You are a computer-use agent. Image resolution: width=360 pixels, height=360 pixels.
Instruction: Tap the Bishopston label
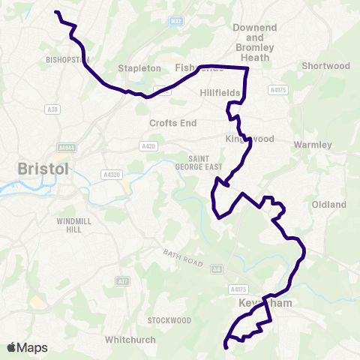(x=67, y=59)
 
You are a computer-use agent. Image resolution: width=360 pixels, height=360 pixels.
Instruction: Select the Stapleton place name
(x=139, y=68)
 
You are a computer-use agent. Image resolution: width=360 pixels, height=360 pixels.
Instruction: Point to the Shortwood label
(x=325, y=66)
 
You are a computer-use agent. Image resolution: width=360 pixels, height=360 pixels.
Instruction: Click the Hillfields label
(x=220, y=93)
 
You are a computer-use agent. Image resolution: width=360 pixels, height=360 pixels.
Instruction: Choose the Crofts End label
(x=172, y=122)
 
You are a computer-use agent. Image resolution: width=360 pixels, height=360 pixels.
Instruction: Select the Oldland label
(x=328, y=204)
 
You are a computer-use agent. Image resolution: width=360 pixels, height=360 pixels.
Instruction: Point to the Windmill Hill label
(x=73, y=226)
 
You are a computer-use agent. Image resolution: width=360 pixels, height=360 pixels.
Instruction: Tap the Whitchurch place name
(x=130, y=340)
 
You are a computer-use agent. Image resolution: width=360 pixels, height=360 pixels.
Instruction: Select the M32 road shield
(x=176, y=22)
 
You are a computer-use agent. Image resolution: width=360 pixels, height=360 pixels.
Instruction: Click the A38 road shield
(x=52, y=110)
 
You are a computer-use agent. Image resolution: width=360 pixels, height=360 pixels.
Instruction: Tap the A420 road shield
(x=147, y=146)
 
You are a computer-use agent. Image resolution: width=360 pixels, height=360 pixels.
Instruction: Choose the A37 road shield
(x=122, y=281)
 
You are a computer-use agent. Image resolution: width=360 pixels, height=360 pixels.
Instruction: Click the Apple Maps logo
(x=27, y=347)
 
